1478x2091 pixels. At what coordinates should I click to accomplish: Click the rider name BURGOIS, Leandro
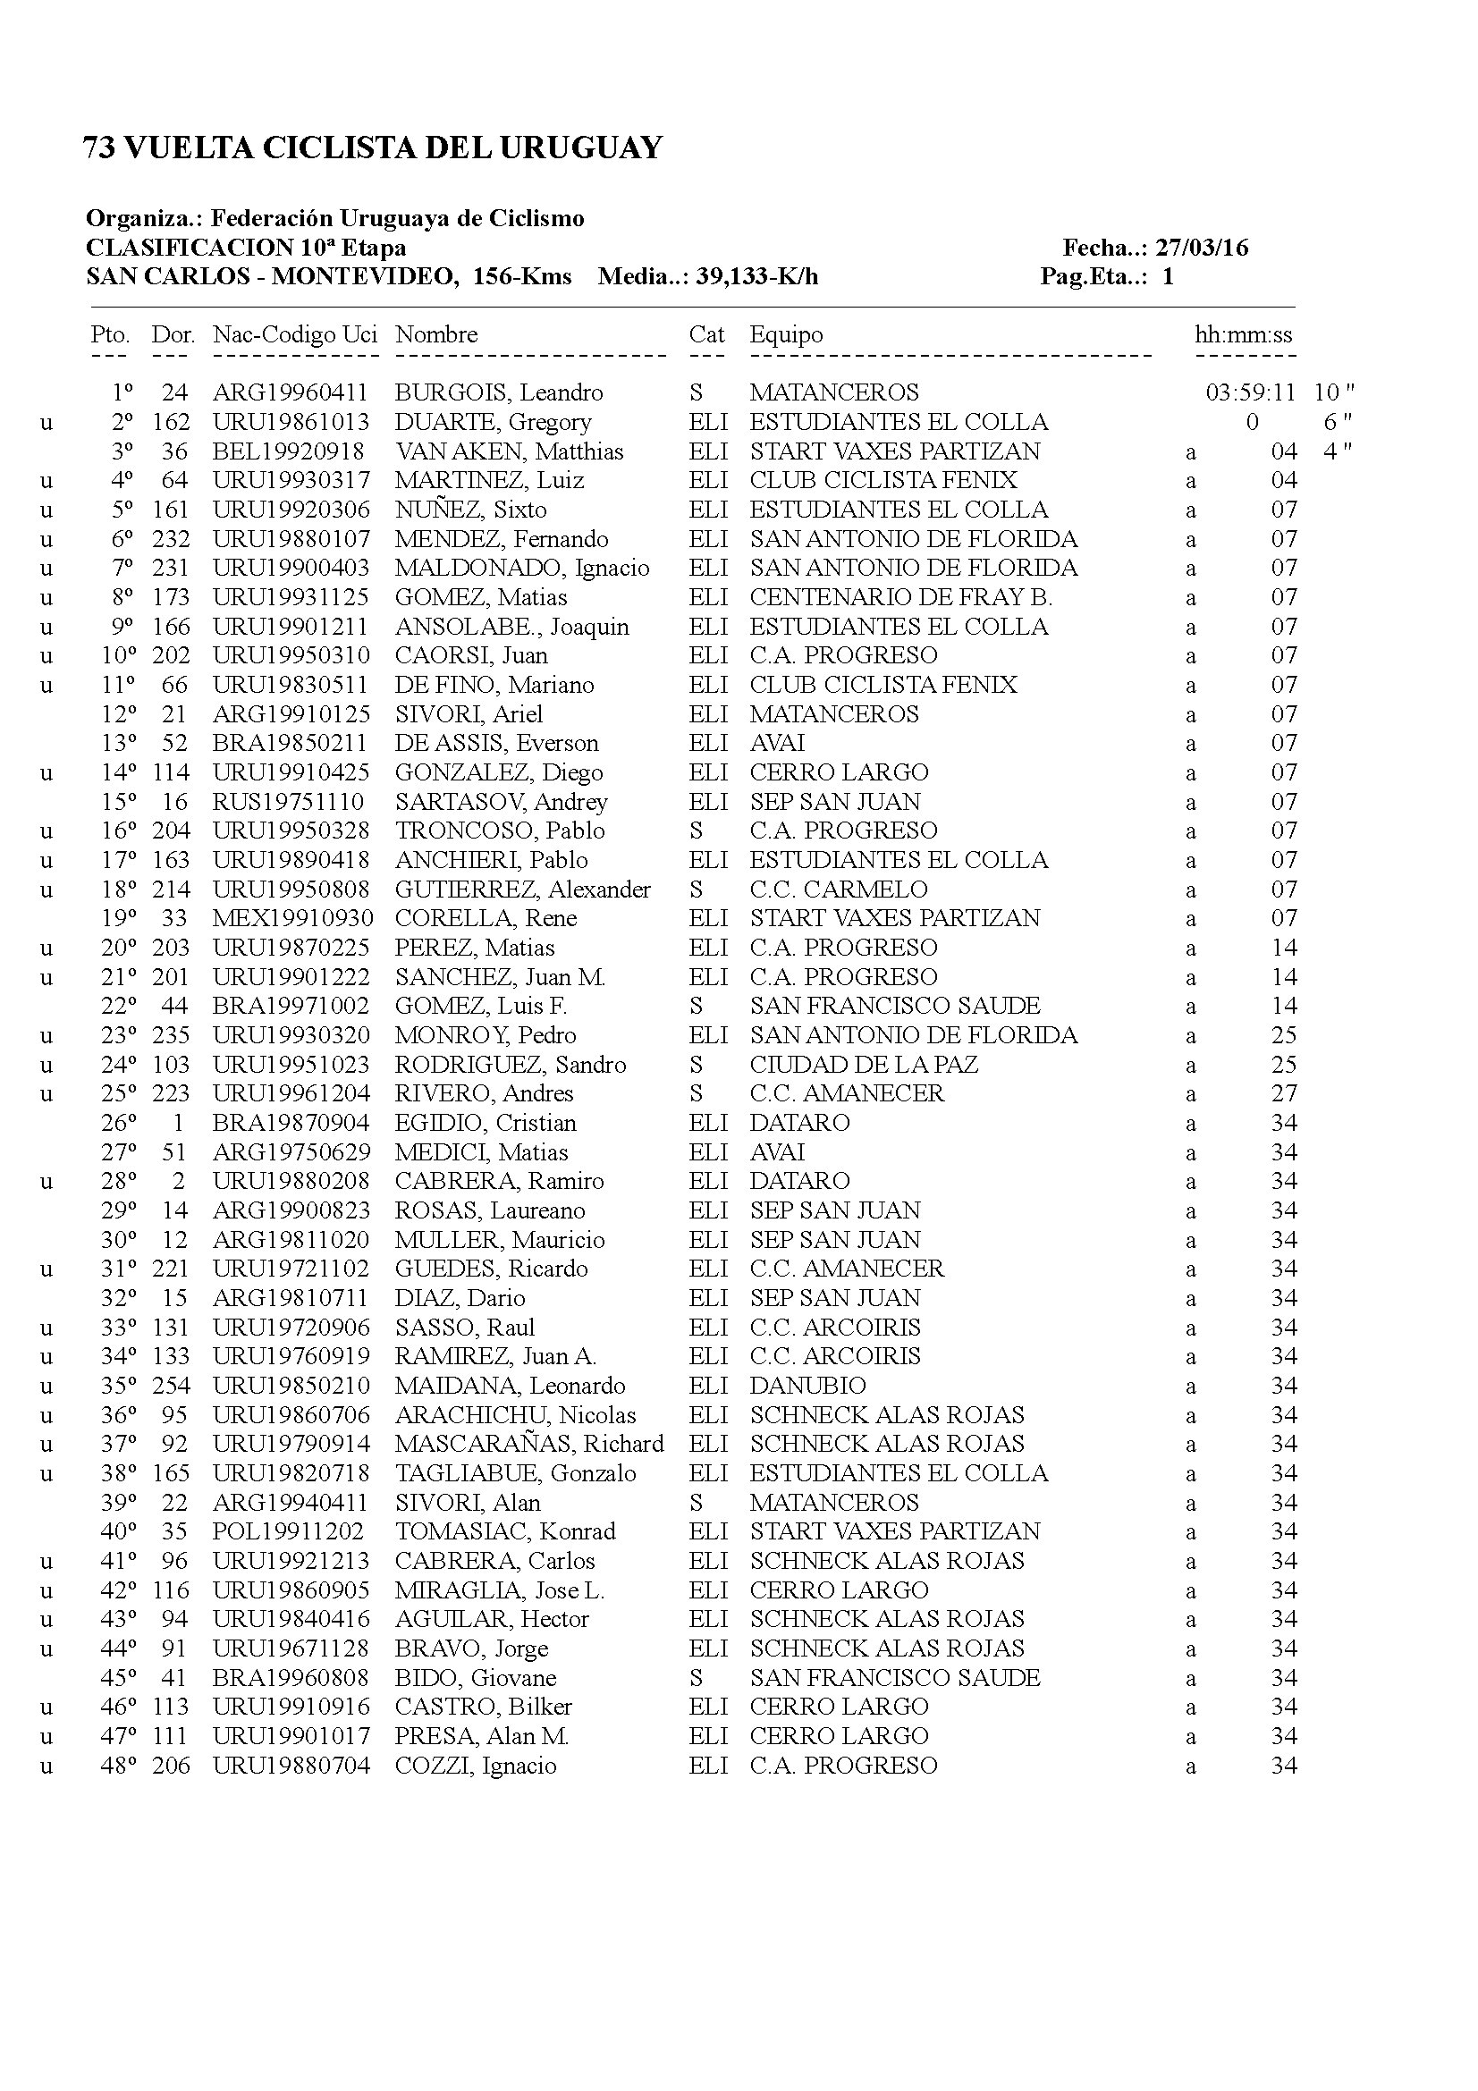(x=498, y=392)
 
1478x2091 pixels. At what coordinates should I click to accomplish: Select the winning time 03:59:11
(x=1250, y=392)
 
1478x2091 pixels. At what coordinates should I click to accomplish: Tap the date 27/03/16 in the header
(x=1201, y=248)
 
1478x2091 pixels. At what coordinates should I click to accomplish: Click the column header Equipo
(x=786, y=334)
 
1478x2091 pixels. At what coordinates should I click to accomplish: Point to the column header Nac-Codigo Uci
(x=295, y=334)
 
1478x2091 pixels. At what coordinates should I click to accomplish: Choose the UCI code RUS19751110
(x=289, y=801)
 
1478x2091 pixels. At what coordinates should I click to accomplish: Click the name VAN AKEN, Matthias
(x=509, y=451)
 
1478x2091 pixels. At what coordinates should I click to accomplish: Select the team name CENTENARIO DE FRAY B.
(x=900, y=597)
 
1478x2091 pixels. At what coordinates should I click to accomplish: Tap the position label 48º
(x=118, y=1765)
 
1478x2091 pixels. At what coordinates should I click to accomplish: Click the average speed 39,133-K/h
(x=756, y=277)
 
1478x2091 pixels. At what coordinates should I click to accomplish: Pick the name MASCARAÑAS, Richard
(x=529, y=1444)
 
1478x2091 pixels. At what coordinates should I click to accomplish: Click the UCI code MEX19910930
(x=292, y=918)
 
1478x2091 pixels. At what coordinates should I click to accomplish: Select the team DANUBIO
(x=807, y=1385)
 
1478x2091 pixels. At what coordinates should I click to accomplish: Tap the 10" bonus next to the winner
(x=1334, y=392)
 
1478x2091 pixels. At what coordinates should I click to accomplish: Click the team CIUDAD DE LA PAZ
(x=864, y=1065)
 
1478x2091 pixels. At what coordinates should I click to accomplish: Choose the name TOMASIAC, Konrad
(x=504, y=1530)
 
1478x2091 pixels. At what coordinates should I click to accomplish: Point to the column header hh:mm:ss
(x=1243, y=334)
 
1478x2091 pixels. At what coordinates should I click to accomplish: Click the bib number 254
(x=171, y=1385)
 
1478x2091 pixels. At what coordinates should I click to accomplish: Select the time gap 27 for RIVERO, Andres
(x=1284, y=1092)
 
